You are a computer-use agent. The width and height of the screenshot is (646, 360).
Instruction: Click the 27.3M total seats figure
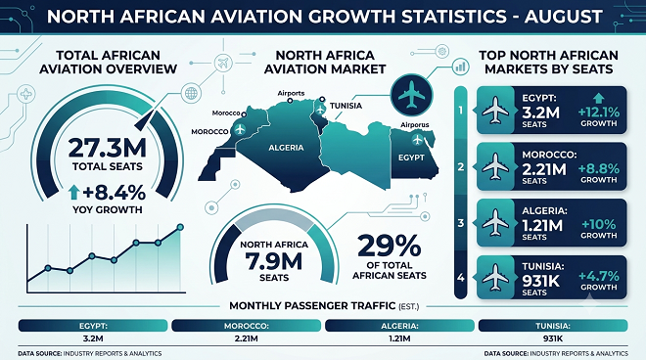pyautogui.click(x=107, y=148)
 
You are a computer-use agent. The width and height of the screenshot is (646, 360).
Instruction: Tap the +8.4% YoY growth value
pyautogui.click(x=114, y=193)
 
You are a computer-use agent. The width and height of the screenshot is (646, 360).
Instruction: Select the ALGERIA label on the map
pyautogui.click(x=286, y=148)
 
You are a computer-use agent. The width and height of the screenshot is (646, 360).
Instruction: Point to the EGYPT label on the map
pyautogui.click(x=411, y=157)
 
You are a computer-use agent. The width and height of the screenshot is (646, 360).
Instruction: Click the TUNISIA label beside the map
pyautogui.click(x=346, y=106)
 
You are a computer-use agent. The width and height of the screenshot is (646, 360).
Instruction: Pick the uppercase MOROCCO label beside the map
pyautogui.click(x=209, y=131)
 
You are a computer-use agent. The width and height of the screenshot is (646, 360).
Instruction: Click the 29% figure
pyautogui.click(x=389, y=246)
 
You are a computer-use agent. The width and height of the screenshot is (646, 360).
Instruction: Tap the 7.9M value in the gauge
pyautogui.click(x=274, y=261)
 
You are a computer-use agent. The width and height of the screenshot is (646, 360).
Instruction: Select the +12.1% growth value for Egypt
pyautogui.click(x=599, y=112)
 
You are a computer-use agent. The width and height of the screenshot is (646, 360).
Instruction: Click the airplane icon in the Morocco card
pyautogui.click(x=495, y=166)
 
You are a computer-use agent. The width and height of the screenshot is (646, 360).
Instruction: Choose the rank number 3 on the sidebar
pyautogui.click(x=461, y=223)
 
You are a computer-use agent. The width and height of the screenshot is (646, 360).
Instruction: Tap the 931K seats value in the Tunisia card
pyautogui.click(x=540, y=281)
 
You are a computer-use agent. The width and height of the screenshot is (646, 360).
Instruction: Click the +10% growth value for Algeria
pyautogui.click(x=599, y=224)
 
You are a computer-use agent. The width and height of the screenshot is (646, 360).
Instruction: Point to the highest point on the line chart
pyautogui.click(x=180, y=227)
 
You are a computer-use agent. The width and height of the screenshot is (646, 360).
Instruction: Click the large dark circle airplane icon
pyautogui.click(x=411, y=95)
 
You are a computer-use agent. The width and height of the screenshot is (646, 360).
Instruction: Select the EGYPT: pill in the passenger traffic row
pyautogui.click(x=93, y=326)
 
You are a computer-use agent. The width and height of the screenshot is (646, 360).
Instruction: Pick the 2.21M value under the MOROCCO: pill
pyautogui.click(x=247, y=338)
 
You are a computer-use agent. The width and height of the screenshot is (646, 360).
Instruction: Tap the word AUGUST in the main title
pyautogui.click(x=563, y=17)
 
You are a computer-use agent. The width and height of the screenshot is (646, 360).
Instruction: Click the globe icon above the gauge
pyautogui.click(x=191, y=93)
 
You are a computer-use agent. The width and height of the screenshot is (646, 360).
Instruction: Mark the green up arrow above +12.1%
pyautogui.click(x=599, y=98)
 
